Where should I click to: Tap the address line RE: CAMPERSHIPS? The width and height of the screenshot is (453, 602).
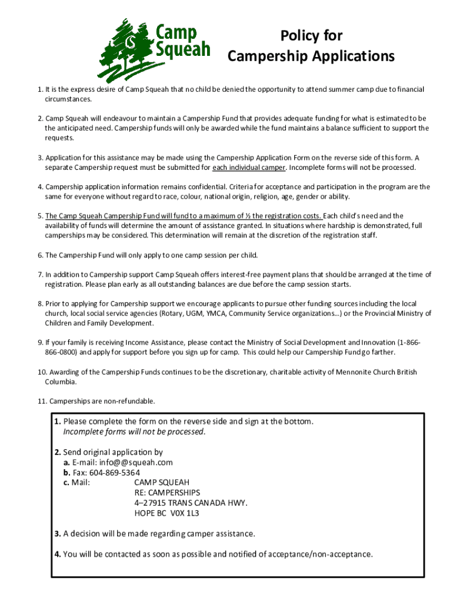pyautogui.click(x=167, y=493)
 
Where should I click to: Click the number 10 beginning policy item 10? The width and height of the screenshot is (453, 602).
pyautogui.click(x=42, y=372)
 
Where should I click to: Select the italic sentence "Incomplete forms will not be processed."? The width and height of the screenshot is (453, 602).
pyautogui.click(x=135, y=432)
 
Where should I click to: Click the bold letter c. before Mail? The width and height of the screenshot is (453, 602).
pyautogui.click(x=66, y=483)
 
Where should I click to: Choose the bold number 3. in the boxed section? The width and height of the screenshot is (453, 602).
pyautogui.click(x=58, y=534)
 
